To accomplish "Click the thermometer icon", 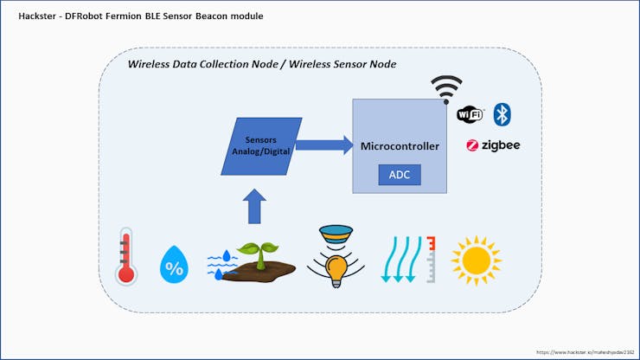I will pyautogui.click(x=127, y=256).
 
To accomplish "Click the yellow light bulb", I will pyautogui.click(x=335, y=268).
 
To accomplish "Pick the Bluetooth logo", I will pyautogui.click(x=502, y=114).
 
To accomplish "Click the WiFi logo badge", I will pyautogui.click(x=470, y=115).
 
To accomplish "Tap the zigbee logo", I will pyautogui.click(x=493, y=145).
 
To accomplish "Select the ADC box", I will pyautogui.click(x=400, y=174).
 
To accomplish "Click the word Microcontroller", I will pyautogui.click(x=400, y=146).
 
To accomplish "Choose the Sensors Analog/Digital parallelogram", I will pyautogui.click(x=261, y=145).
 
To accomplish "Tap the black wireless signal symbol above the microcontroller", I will pyautogui.click(x=446, y=88).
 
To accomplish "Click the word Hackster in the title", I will pyautogui.click(x=38, y=16).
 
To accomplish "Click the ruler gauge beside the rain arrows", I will pyautogui.click(x=431, y=259).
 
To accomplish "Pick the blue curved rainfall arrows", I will pyautogui.click(x=400, y=259).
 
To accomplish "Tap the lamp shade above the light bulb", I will pyautogui.click(x=335, y=233).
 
